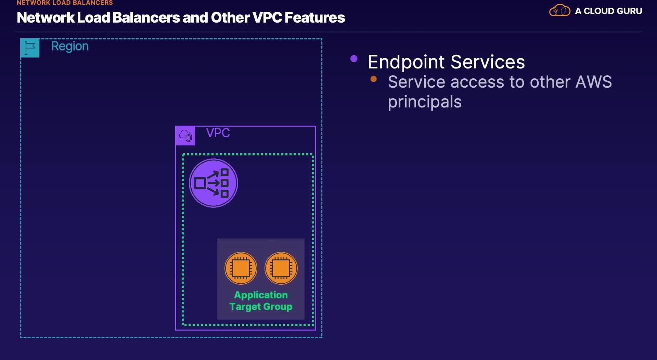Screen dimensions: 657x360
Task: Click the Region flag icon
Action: pos(30,48)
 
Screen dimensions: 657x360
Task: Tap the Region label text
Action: pos(70,46)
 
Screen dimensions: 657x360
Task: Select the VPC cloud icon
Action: pos(185,136)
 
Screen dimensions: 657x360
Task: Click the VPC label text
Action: pos(218,133)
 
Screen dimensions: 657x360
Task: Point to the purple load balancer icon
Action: pos(214,183)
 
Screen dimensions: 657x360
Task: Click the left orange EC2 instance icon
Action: pos(241,268)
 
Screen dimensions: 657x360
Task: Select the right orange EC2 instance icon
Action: pos(281,268)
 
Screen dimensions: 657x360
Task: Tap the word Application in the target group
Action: pos(261,295)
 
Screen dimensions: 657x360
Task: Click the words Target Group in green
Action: pos(261,307)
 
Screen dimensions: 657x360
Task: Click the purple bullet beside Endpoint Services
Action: pos(354,59)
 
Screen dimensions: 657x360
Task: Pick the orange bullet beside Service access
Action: pos(374,79)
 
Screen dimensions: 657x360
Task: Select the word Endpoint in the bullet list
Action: pos(406,62)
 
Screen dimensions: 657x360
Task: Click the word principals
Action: pos(425,102)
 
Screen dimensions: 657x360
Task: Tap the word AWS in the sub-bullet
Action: pos(593,82)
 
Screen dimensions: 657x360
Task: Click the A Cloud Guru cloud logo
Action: pos(560,11)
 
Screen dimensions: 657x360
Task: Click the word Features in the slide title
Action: pos(315,18)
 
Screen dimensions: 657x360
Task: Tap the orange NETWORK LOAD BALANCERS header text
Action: pos(65,3)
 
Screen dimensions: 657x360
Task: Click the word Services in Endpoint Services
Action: pos(488,62)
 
